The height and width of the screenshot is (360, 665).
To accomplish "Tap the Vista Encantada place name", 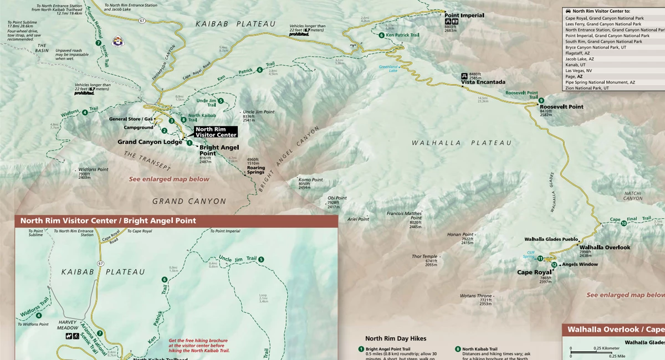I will [483, 82].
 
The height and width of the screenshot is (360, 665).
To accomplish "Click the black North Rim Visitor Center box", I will [216, 131].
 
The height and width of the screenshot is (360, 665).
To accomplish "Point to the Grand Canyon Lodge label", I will [149, 142].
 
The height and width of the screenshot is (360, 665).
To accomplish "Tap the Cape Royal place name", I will [534, 272].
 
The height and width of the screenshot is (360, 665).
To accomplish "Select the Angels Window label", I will [579, 264].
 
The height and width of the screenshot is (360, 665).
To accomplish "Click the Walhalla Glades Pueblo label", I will [550, 239].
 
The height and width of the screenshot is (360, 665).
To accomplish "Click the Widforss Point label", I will [93, 169].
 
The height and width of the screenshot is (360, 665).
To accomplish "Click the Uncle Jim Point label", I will [258, 112].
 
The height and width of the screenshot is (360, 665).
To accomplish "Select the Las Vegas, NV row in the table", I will [579, 70].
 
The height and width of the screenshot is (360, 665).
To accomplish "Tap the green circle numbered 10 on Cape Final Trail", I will [623, 223].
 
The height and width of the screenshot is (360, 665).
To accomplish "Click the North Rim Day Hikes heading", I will [396, 338].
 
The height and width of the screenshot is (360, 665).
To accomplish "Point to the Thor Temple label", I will [424, 256].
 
